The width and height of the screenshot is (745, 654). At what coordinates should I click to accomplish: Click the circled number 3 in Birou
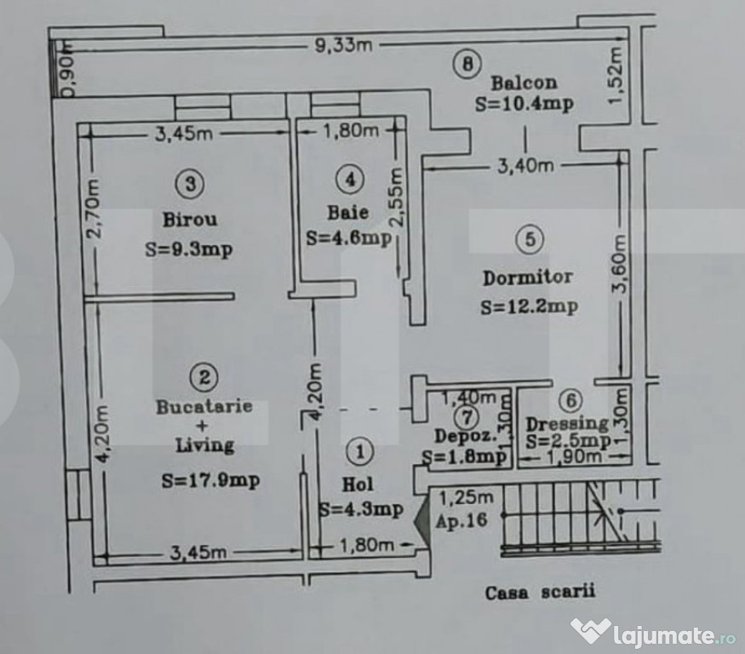pyautogui.click(x=190, y=183)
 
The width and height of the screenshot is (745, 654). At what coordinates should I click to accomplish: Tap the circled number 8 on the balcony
pyautogui.click(x=467, y=64)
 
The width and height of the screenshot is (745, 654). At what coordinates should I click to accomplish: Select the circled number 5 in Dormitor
pyautogui.click(x=530, y=239)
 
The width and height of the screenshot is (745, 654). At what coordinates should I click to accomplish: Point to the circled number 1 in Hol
pyautogui.click(x=359, y=451)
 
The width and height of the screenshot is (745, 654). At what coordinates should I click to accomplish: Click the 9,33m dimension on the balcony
pyautogui.click(x=343, y=45)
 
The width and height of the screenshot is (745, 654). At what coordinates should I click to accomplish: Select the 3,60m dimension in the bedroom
pyautogui.click(x=620, y=265)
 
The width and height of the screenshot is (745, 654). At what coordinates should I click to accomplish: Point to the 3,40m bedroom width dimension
pyautogui.click(x=525, y=166)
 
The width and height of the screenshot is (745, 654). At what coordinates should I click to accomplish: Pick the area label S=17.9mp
pyautogui.click(x=210, y=480)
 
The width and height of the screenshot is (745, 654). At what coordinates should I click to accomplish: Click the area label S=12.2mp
pyautogui.click(x=529, y=307)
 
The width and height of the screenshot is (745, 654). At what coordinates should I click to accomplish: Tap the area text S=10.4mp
pyautogui.click(x=524, y=104)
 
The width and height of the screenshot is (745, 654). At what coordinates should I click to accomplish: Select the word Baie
pyautogui.click(x=347, y=212)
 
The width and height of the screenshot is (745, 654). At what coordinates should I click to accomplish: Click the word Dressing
pyautogui.click(x=567, y=423)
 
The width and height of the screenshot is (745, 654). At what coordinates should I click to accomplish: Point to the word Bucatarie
pyautogui.click(x=204, y=407)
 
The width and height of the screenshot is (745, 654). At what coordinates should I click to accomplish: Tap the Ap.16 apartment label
pyautogui.click(x=461, y=521)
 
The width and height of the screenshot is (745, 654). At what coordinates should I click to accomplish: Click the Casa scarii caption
pyautogui.click(x=540, y=592)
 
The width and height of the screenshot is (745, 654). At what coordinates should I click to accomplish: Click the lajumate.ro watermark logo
pyautogui.click(x=654, y=633)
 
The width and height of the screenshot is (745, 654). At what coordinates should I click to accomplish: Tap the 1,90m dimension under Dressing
pyautogui.click(x=575, y=457)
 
